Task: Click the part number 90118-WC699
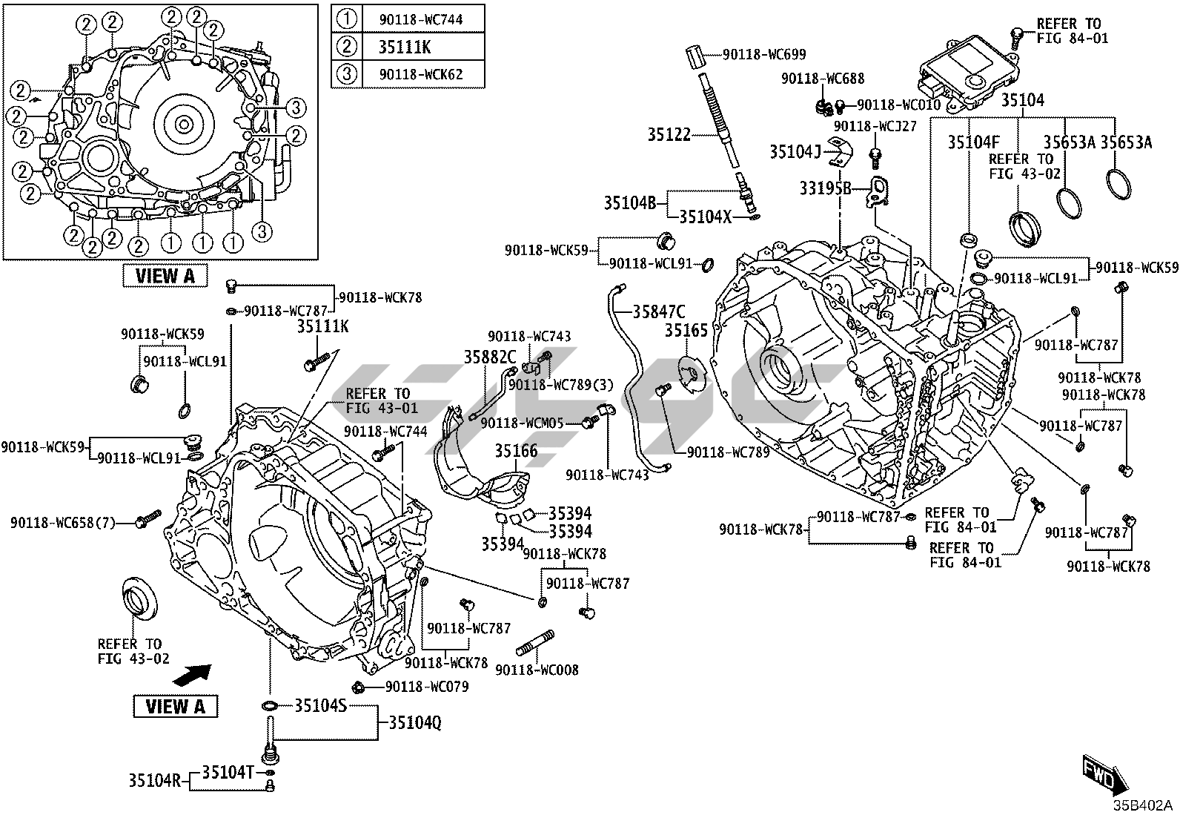(x=764, y=54)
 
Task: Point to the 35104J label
(x=795, y=151)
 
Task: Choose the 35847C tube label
(x=658, y=311)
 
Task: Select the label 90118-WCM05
(x=523, y=423)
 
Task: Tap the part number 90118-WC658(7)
(x=63, y=523)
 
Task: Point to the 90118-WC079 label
(x=427, y=687)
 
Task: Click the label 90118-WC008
(x=537, y=670)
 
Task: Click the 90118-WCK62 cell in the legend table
(x=420, y=74)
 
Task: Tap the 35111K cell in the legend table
(x=405, y=47)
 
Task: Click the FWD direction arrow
(x=1104, y=772)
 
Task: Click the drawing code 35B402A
(x=1141, y=805)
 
